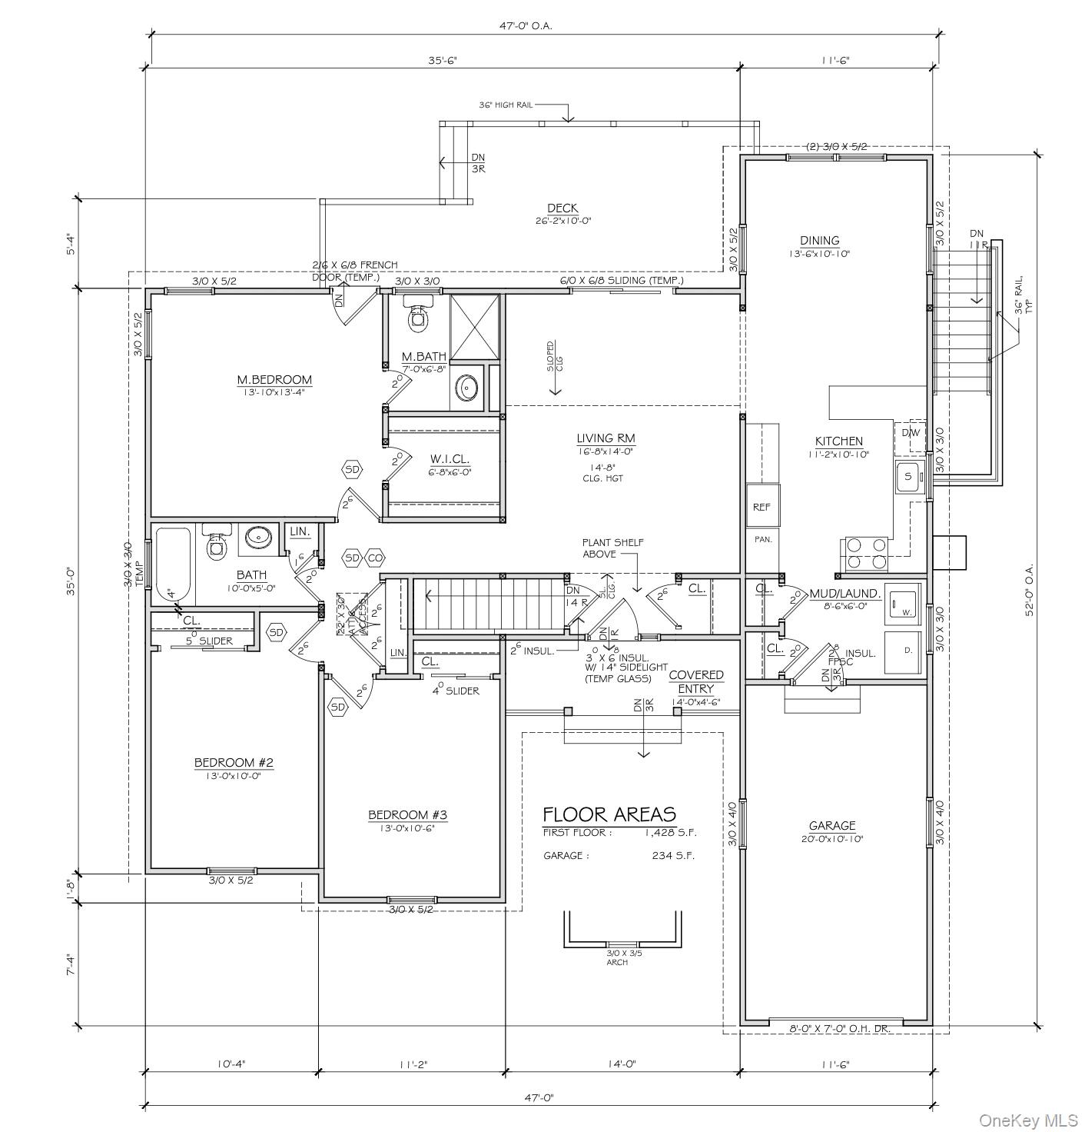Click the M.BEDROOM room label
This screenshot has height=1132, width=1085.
coord(274,380)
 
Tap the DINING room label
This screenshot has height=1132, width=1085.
coord(819,241)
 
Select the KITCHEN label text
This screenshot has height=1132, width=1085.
coord(838,441)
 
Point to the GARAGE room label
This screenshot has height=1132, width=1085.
coord(831,826)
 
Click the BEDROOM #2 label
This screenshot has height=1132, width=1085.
coord(234,763)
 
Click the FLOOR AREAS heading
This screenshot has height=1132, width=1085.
coord(609,814)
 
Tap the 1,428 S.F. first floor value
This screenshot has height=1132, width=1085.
coord(670,833)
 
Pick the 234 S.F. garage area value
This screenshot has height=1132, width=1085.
coord(673,856)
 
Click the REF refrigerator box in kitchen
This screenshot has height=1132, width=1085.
coord(761,506)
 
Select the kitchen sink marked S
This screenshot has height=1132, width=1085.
coord(908,477)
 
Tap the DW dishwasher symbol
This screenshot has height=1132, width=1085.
coord(911,434)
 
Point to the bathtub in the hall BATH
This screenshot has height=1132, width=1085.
coord(173,564)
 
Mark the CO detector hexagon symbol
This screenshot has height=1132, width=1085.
coord(374,558)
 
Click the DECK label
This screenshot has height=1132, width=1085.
coord(562,208)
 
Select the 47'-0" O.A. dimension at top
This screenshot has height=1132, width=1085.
coord(526,25)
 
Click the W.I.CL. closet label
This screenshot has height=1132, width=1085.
coord(450,460)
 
